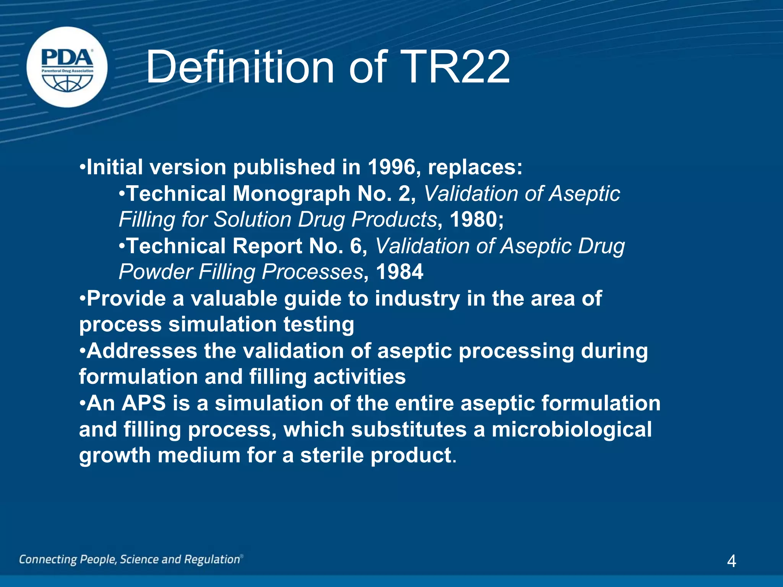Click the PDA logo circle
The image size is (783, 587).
[x=67, y=67]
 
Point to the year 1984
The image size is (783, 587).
[x=400, y=272]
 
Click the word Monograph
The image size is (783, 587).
[x=291, y=193]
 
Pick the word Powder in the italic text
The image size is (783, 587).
[x=155, y=272]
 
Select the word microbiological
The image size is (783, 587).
[x=572, y=429]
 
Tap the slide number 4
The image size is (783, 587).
[x=731, y=561]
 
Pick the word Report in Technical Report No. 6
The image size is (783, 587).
[x=267, y=246]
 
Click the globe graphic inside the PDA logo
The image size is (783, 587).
[x=67, y=83]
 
